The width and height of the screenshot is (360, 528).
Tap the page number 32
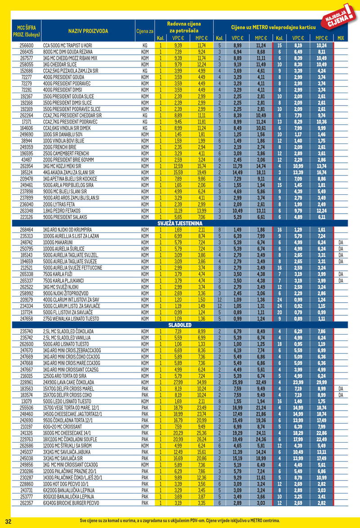8,520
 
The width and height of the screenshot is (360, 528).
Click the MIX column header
341,38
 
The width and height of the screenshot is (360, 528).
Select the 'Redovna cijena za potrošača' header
184,27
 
